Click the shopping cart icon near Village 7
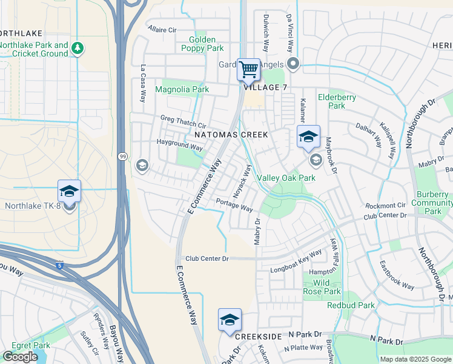click(248, 70)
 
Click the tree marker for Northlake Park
click(77, 47)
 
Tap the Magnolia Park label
click(182, 89)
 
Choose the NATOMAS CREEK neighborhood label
click(226, 132)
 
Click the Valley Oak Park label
click(286, 178)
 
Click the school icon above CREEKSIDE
click(230, 320)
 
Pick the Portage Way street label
click(234, 204)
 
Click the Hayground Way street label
click(179, 147)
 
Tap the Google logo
click(20, 357)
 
